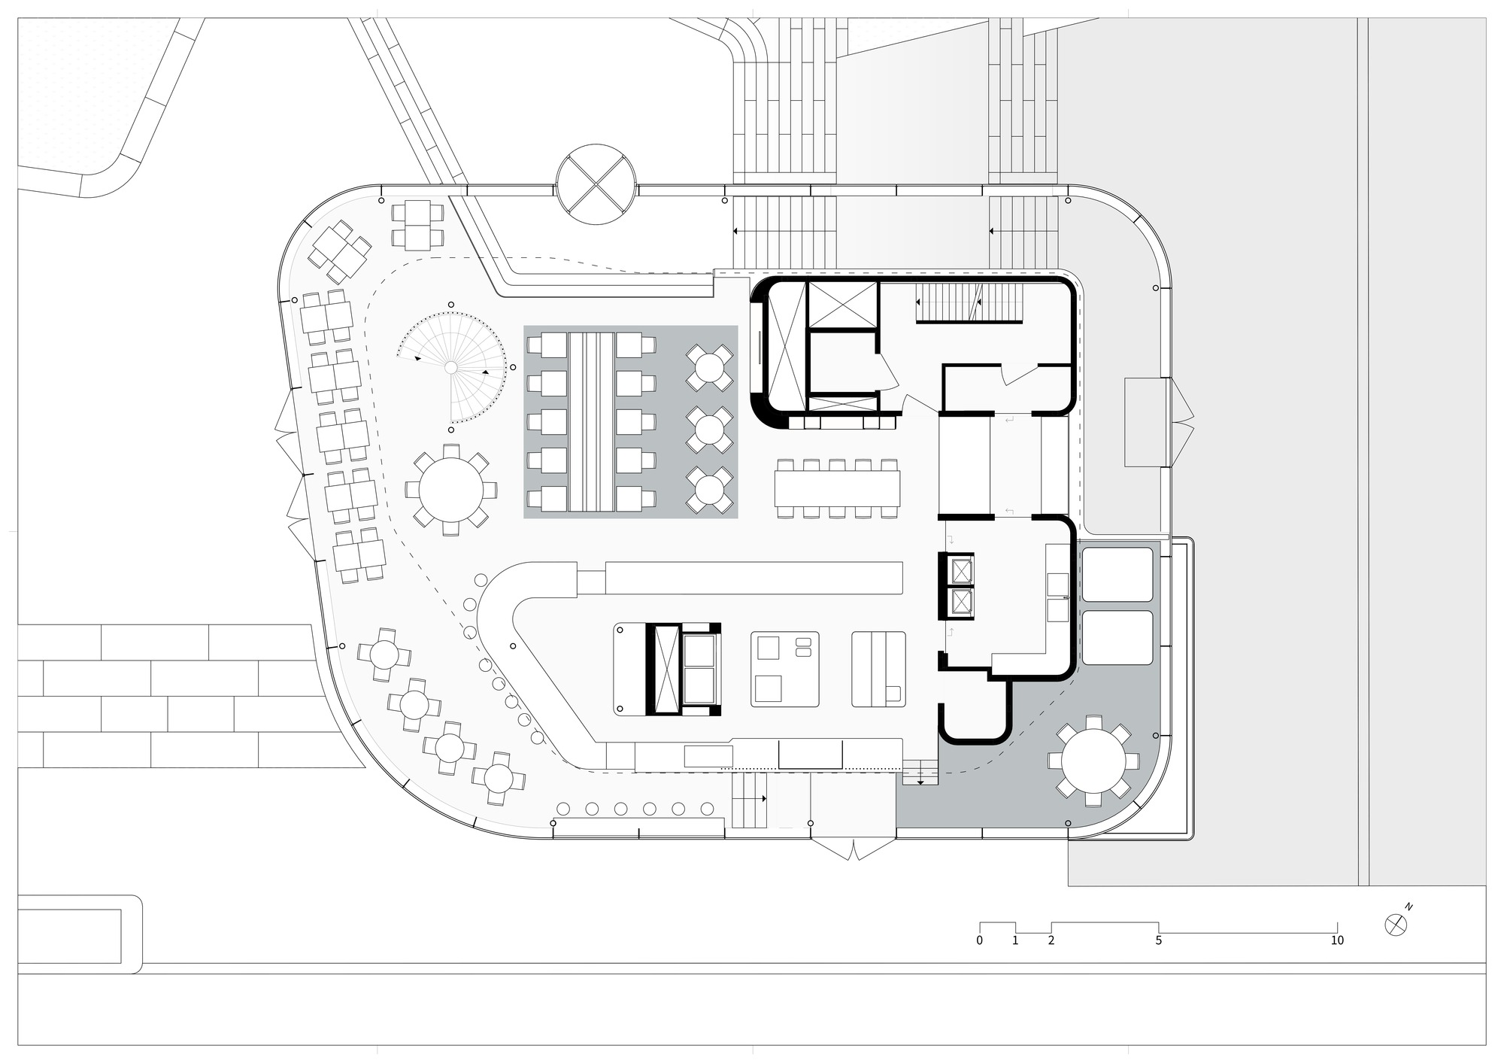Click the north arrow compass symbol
pyautogui.click(x=1396, y=925)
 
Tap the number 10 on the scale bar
pyautogui.click(x=1336, y=940)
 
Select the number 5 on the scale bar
pyautogui.click(x=1158, y=940)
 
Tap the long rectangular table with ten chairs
pyautogui.click(x=838, y=489)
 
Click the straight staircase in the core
pyautogui.click(x=969, y=303)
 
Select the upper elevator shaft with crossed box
pyautogui.click(x=842, y=305)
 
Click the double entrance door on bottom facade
pyautogui.click(x=853, y=849)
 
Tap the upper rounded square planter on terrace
pyautogui.click(x=1117, y=574)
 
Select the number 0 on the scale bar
pyautogui.click(x=979, y=940)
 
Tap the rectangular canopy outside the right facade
pyautogui.click(x=1145, y=422)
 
